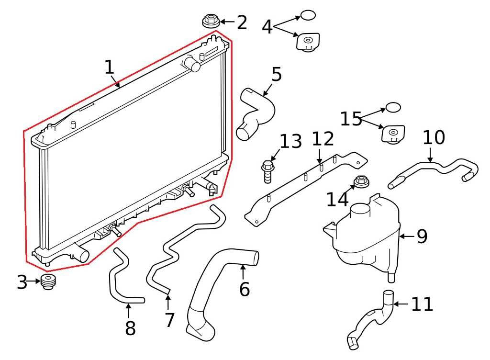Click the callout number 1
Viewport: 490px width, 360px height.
(x=110, y=67)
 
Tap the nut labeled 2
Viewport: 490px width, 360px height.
(x=211, y=22)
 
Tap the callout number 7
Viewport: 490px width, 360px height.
(x=169, y=320)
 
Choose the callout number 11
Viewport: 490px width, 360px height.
(x=422, y=304)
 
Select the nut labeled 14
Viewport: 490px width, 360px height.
(x=360, y=181)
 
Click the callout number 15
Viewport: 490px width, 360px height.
(x=351, y=119)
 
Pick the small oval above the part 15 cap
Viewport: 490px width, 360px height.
(x=393, y=107)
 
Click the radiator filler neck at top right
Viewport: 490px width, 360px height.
(x=192, y=64)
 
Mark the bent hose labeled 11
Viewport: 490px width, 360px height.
(x=371, y=321)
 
